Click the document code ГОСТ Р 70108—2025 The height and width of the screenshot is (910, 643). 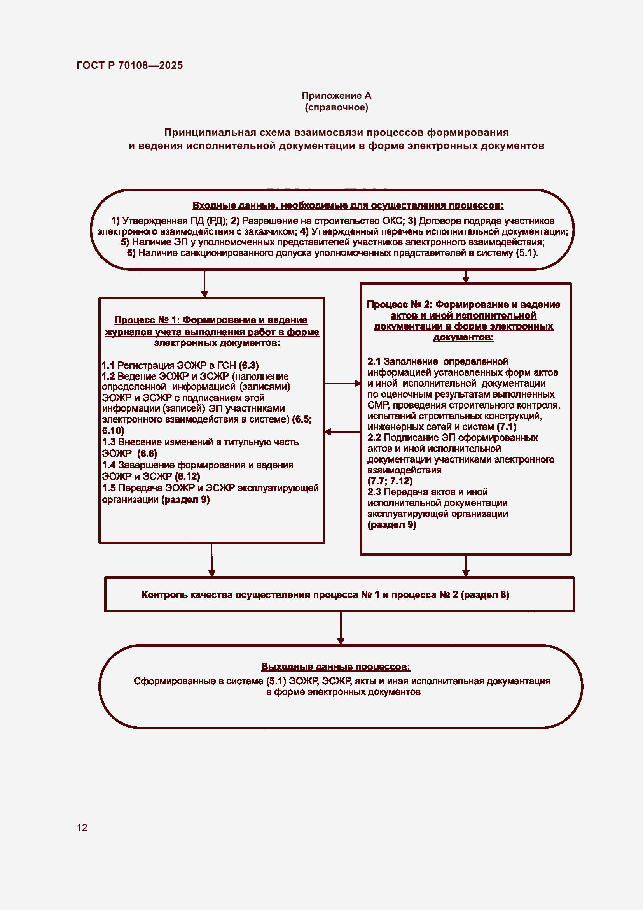[x=129, y=65]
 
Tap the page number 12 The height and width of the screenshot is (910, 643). [x=82, y=828]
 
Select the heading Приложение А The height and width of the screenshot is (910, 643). [x=336, y=96]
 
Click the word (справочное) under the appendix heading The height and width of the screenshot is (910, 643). [x=336, y=107]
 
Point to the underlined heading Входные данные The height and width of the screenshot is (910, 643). [x=347, y=205]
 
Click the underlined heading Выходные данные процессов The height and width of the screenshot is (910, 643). [x=335, y=667]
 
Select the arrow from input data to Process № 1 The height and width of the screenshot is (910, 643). [x=204, y=284]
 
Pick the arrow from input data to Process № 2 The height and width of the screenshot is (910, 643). [x=466, y=277]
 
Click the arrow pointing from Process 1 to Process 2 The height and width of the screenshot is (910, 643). [x=342, y=383]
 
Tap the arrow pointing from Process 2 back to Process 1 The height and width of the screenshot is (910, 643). [x=342, y=431]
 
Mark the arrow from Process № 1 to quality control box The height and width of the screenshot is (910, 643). [x=212, y=559]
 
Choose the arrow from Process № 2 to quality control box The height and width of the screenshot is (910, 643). [x=466, y=566]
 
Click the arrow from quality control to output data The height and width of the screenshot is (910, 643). [x=341, y=628]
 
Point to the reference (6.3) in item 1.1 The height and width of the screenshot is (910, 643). [x=249, y=365]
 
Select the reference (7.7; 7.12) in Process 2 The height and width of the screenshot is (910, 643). [x=390, y=481]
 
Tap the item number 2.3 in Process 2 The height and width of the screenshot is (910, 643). [x=374, y=492]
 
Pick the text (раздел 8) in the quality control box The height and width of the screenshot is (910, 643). [x=485, y=594]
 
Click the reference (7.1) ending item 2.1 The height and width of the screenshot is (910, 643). [x=507, y=427]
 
